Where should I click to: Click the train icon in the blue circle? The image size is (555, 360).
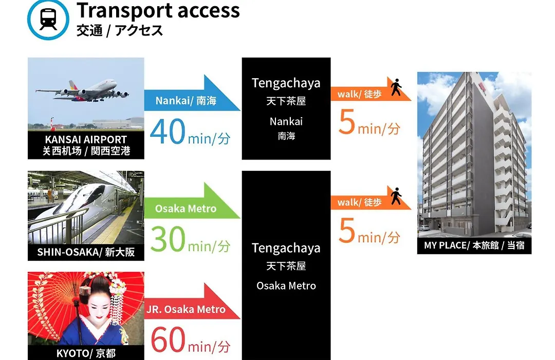48,19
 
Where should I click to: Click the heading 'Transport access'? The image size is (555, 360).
158,10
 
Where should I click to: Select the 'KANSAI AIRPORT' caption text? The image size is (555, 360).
86,139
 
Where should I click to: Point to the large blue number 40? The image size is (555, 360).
168,132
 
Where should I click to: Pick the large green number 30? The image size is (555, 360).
168,239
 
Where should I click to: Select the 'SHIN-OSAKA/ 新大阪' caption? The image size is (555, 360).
86,252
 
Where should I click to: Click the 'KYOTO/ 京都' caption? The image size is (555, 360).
86,353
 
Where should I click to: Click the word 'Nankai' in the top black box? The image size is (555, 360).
286,121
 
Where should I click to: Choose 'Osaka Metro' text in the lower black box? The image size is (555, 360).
286,285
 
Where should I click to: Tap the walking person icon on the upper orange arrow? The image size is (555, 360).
396,87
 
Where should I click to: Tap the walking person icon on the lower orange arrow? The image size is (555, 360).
396,196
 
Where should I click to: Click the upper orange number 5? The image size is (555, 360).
347,122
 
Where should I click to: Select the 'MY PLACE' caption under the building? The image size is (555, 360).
445,245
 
